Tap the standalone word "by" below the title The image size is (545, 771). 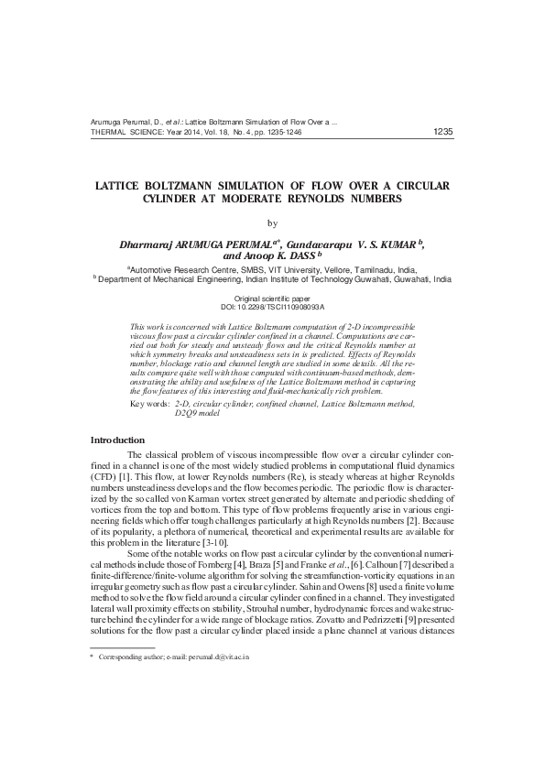(272, 222)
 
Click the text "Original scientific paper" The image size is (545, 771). (273, 299)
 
